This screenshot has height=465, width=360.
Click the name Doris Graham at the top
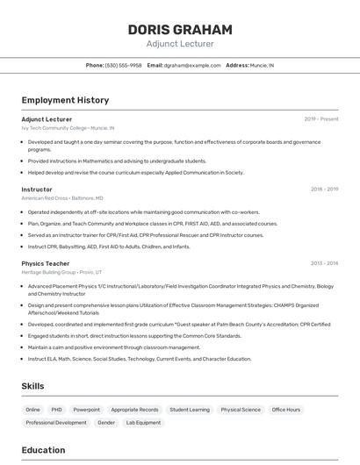[180, 29]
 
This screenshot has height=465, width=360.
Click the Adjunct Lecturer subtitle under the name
[180, 44]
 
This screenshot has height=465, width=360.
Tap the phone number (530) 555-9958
[123, 65]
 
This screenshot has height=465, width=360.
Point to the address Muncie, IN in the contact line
[262, 65]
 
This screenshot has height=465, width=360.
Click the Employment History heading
[65, 100]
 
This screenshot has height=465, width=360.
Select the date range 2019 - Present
[321, 119]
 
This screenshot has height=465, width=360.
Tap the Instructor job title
[37, 190]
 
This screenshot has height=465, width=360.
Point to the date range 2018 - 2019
[324, 190]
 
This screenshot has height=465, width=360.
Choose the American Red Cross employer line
[62, 198]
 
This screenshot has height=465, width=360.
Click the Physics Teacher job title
[46, 263]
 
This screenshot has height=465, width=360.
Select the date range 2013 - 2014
[324, 263]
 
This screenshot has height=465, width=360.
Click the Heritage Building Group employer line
[61, 272]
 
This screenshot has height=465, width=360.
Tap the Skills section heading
[33, 386]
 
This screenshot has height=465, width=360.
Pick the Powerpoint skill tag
[86, 410]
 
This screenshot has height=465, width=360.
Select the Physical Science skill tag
[241, 410]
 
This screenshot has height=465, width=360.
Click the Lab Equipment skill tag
[143, 423]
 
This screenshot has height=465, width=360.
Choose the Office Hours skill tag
[286, 410]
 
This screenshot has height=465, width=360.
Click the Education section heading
[44, 450]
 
